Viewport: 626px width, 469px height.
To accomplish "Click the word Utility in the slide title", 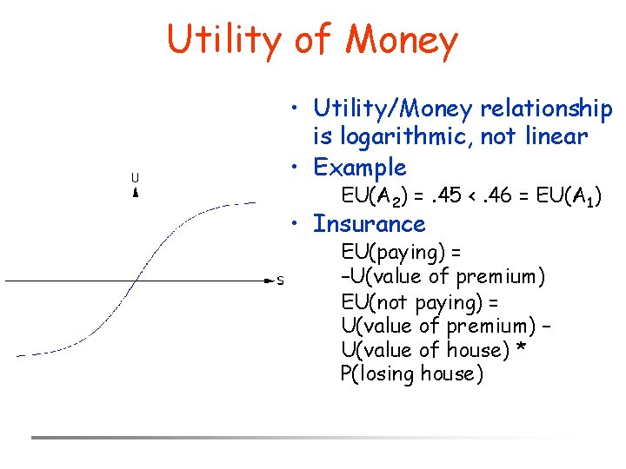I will (223, 40).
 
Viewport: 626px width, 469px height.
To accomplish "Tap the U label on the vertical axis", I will (135, 178).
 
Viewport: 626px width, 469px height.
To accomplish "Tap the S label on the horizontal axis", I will (280, 281).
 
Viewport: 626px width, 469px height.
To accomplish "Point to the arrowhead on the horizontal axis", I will (268, 281).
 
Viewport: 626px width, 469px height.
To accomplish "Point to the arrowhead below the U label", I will (135, 193).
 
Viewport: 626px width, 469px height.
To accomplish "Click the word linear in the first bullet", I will (557, 136).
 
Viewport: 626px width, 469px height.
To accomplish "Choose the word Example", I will (359, 167).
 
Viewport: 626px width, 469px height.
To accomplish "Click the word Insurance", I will (369, 224).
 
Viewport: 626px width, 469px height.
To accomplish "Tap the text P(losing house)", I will (412, 374).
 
